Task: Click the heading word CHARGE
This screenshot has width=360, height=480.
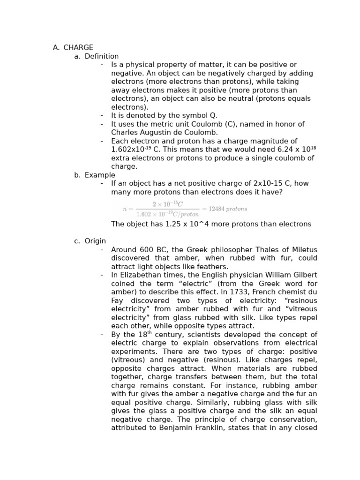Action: point(78,47)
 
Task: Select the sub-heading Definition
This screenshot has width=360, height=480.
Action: point(102,56)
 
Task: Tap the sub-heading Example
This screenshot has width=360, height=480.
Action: point(100,175)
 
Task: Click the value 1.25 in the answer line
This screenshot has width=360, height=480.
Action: point(174,224)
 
